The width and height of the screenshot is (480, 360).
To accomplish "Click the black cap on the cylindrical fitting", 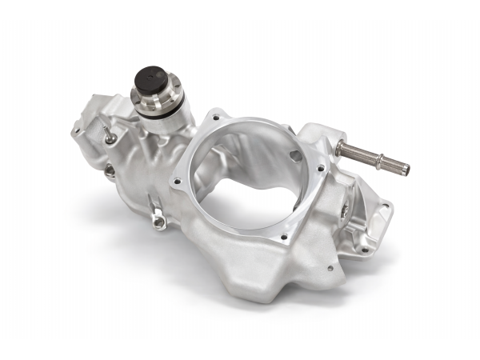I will [x=153, y=78].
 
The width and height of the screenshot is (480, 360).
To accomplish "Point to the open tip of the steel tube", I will [x=406, y=170].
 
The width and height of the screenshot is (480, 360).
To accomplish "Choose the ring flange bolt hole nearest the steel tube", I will [x=321, y=169].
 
